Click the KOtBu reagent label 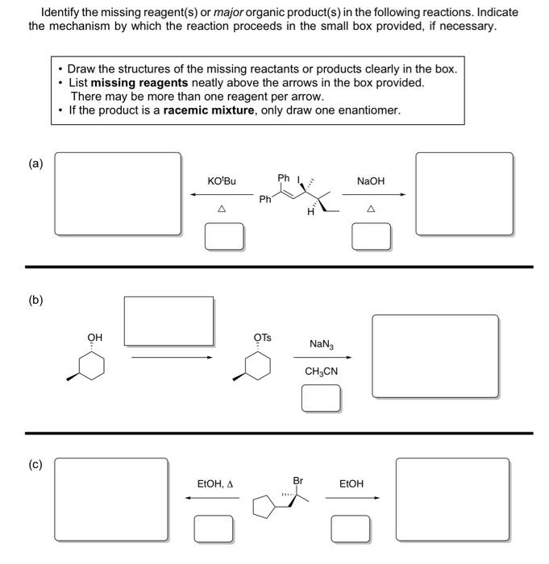pos(221,182)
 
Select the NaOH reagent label pos(371,182)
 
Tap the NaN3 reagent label pos(320,344)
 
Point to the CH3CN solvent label pos(321,371)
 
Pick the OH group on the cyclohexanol pos(94,337)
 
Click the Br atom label pos(297,480)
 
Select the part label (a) pos(35,164)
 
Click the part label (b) pos(35,301)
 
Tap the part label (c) pos(35,466)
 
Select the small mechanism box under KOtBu pos(224,235)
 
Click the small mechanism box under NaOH pos(372,235)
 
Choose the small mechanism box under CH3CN pos(321,397)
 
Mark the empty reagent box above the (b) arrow pos(168,320)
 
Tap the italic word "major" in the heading pos(230,13)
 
